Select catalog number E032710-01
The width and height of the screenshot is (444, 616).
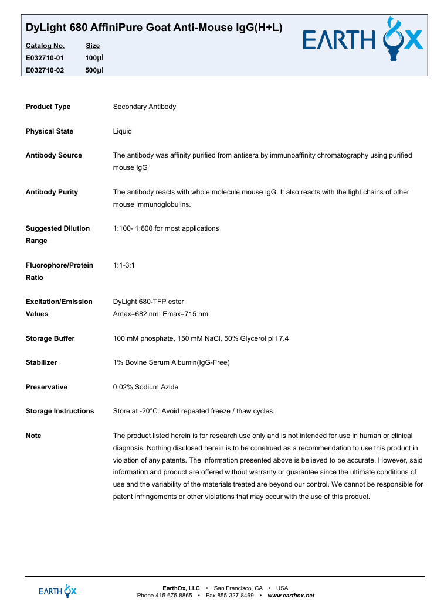pos(45,58)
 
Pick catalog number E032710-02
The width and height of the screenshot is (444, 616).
pos(45,70)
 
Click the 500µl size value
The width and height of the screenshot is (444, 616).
pos(94,70)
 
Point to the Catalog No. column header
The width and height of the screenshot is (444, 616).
pos(45,46)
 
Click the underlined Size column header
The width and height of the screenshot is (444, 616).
pos(93,46)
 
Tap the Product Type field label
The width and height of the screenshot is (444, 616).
pos(48,107)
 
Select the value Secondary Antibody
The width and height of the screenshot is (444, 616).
pos(144,107)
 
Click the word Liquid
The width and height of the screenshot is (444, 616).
pos(122,131)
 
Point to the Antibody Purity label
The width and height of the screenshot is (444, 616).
pos(52,192)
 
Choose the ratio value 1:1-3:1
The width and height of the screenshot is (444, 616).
pos(124,265)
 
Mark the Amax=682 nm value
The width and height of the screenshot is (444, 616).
pos(133,314)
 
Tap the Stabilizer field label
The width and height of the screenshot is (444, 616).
pos(41,362)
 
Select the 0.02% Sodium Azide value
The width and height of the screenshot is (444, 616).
pos(145,387)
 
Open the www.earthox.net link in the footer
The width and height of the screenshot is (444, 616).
pos(291,596)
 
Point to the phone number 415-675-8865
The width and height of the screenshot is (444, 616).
pos(174,596)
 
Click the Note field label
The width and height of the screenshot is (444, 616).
pos(33,436)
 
